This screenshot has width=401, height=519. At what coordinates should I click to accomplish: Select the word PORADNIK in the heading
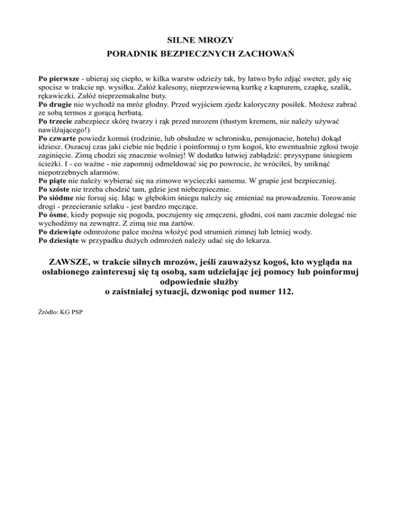coord(131,53)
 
